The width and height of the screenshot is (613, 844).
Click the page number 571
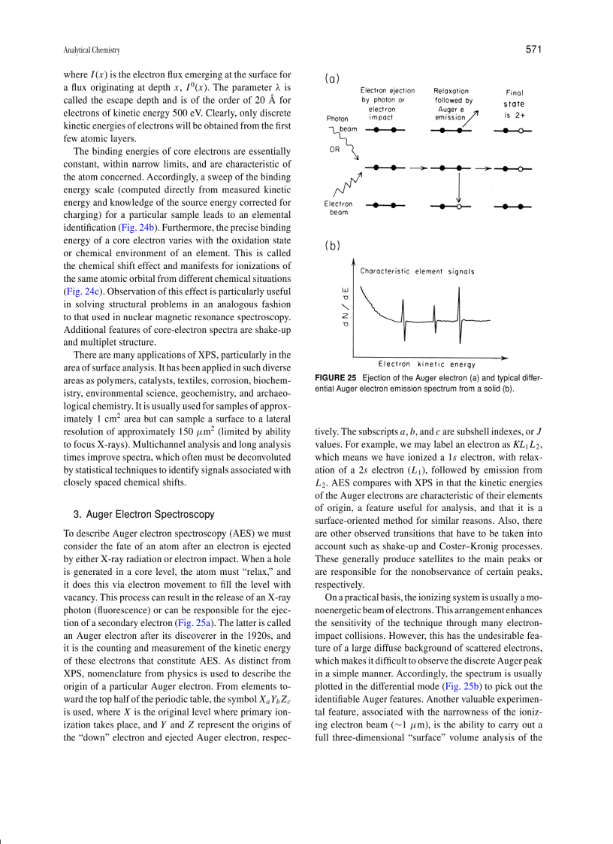[533, 50]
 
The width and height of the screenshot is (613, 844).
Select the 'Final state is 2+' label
[515, 104]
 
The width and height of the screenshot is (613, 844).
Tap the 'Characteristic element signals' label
[417, 271]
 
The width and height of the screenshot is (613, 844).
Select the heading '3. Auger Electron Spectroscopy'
[143, 514]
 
